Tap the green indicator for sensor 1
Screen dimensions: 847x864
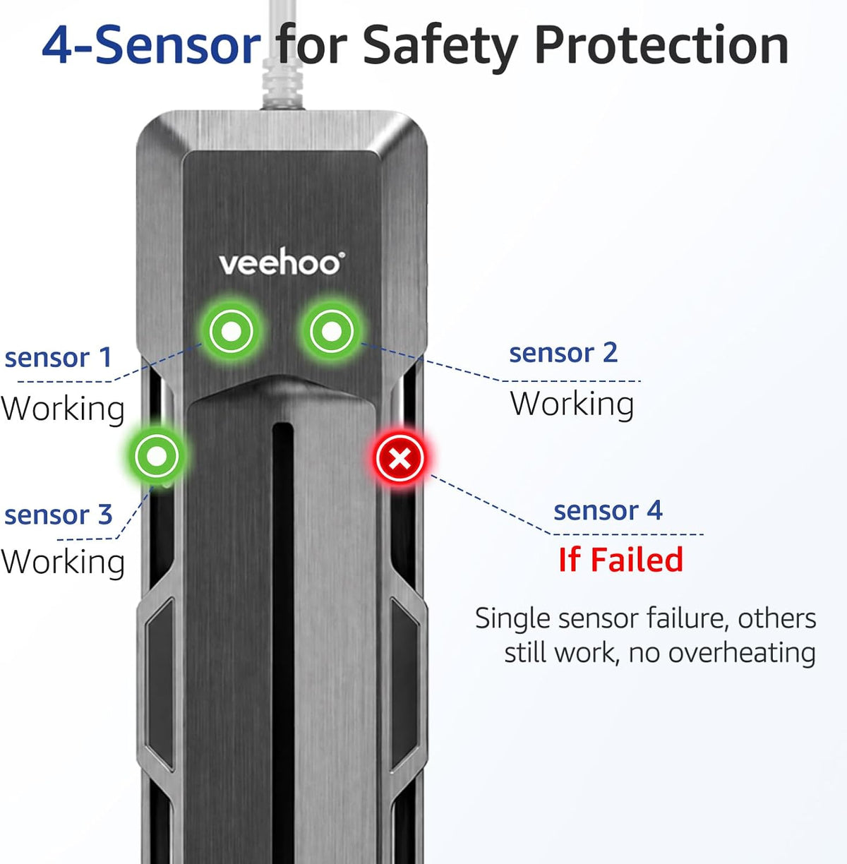pos(231,331)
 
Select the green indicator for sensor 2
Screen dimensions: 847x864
pos(331,331)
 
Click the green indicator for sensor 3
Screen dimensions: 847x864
pos(157,456)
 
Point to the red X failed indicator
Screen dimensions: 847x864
pos(399,458)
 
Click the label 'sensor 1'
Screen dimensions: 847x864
pos(58,358)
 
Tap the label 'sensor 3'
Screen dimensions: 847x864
pos(59,515)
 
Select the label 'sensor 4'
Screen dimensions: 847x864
pos(608,510)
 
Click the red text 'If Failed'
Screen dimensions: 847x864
pos(620,560)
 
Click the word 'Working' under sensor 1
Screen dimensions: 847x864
pos(63,409)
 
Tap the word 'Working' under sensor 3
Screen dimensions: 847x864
pos(63,563)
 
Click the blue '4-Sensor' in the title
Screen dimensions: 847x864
pos(152,46)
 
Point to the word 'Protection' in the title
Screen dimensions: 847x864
pos(662,45)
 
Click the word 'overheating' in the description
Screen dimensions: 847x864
pos(742,653)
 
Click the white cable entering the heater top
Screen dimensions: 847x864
pos(283,54)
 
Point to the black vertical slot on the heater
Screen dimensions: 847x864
pos(283,641)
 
